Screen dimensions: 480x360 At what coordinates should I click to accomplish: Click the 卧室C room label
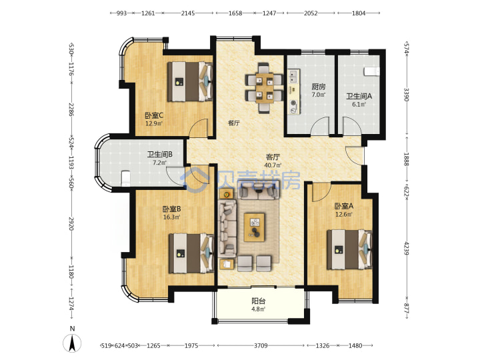pyautogui.click(x=154, y=115)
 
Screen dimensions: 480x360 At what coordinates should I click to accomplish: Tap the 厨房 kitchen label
pyautogui.click(x=319, y=87)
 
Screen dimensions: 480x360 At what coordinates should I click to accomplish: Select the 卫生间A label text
pyautogui.click(x=359, y=96)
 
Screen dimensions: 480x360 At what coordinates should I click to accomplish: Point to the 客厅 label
pyautogui.click(x=273, y=157)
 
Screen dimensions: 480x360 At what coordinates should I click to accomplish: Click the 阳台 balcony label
pyautogui.click(x=259, y=301)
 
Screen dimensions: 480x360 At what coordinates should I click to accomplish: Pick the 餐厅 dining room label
pyautogui.click(x=234, y=123)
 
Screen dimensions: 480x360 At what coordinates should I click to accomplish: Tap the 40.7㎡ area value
pyautogui.click(x=273, y=165)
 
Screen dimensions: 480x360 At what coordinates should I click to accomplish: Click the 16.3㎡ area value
pyautogui.click(x=171, y=217)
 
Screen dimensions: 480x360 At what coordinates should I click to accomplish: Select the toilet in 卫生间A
pyautogui.click(x=371, y=71)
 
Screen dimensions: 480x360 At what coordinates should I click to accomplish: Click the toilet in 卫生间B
pyautogui.click(x=125, y=179)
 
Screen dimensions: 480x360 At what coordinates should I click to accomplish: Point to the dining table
pyautogui.click(x=264, y=87)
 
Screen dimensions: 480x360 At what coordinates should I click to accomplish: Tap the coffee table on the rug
pyautogui.click(x=255, y=227)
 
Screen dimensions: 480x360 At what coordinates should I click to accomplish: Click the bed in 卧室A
pyautogui.click(x=350, y=250)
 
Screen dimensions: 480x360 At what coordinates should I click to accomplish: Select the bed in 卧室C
pyautogui.click(x=190, y=81)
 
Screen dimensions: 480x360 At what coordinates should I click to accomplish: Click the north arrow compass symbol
pyautogui.click(x=72, y=343)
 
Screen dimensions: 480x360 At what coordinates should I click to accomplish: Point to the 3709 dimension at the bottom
pyautogui.click(x=261, y=345)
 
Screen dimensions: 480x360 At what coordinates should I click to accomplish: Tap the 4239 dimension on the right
pyautogui.click(x=406, y=248)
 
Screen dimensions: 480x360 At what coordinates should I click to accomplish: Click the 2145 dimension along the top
pyautogui.click(x=187, y=13)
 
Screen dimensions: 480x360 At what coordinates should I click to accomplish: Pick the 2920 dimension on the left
pyautogui.click(x=71, y=224)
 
